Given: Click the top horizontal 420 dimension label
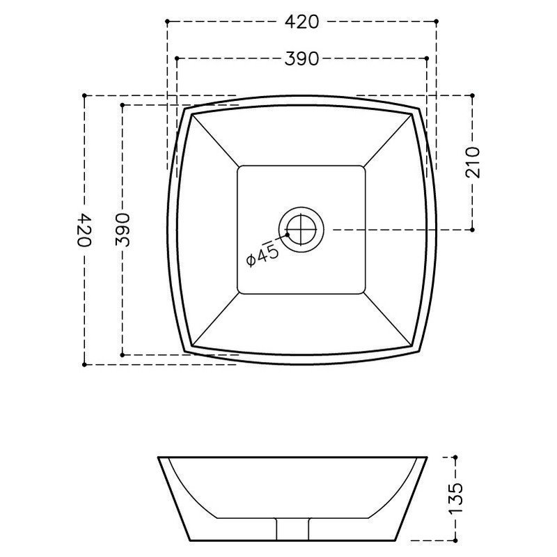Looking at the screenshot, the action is pyautogui.click(x=301, y=22).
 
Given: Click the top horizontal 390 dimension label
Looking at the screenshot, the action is pyautogui.click(x=301, y=58).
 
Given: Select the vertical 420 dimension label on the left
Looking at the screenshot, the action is pyautogui.click(x=84, y=230).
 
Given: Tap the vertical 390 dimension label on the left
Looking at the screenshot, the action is pyautogui.click(x=123, y=230).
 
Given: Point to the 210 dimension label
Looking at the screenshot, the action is pyautogui.click(x=473, y=162).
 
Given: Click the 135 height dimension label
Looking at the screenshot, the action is pyautogui.click(x=456, y=499).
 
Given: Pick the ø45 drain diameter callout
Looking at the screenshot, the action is pyautogui.click(x=263, y=255).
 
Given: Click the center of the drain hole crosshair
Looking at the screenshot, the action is pyautogui.click(x=301, y=230).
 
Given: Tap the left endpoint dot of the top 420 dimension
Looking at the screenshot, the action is pyautogui.click(x=167, y=22).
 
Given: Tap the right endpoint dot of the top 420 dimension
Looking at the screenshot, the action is pyautogui.click(x=437, y=22).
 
